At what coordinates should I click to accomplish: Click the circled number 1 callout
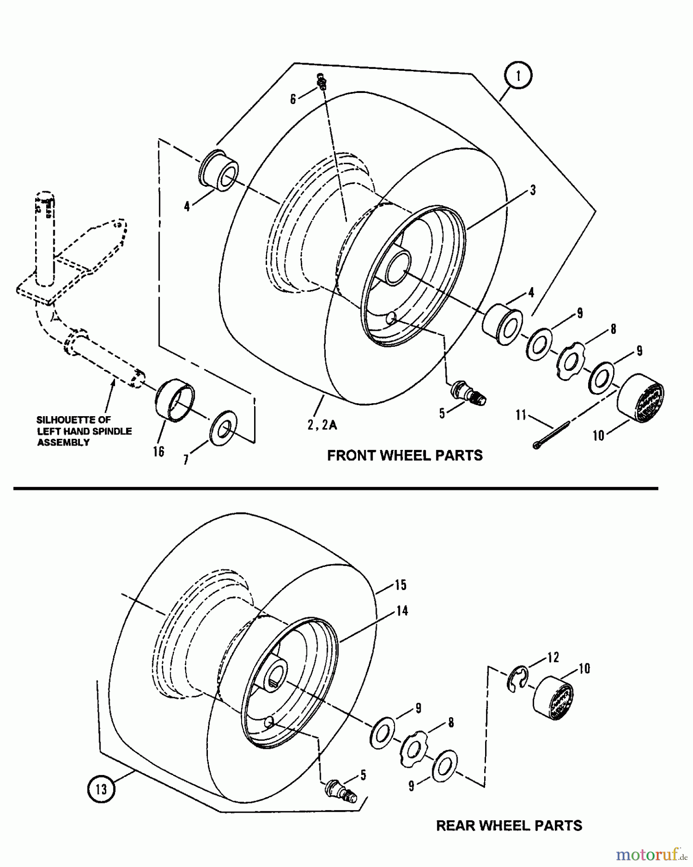518,76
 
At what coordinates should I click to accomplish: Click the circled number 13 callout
101,789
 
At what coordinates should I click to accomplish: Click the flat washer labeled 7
224,426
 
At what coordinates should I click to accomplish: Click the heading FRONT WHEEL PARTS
405,456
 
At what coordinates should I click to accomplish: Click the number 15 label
400,585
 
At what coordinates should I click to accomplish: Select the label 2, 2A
322,425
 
